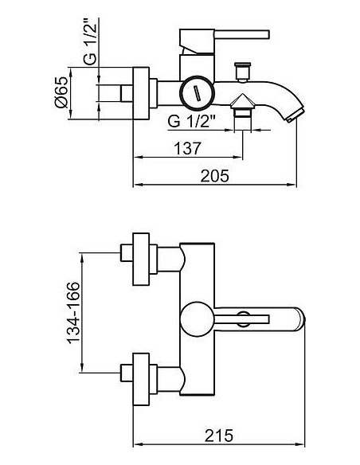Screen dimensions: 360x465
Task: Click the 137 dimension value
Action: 187,148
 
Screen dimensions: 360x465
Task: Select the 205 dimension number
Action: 215,175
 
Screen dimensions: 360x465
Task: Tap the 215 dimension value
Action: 219,436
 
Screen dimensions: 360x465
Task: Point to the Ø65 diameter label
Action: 61,92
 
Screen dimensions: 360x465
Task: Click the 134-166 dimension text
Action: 73,313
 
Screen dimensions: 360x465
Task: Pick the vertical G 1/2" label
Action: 90,41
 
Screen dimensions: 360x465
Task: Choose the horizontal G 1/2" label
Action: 191,121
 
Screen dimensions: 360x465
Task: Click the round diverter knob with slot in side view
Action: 197,93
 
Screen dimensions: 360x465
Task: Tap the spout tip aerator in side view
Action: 295,115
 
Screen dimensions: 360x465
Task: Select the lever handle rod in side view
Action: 241,34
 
